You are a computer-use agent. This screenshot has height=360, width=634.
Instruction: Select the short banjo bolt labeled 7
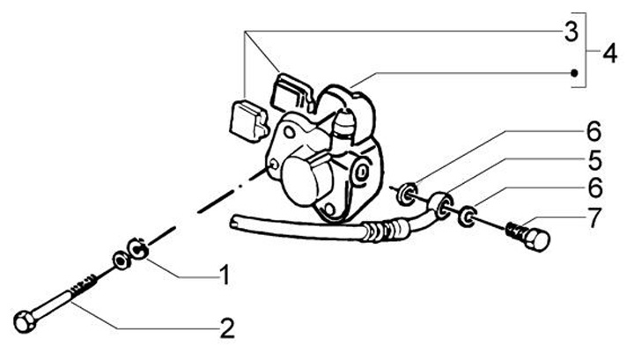(x=527, y=237)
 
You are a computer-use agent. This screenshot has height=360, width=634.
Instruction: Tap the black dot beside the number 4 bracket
(x=574, y=73)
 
